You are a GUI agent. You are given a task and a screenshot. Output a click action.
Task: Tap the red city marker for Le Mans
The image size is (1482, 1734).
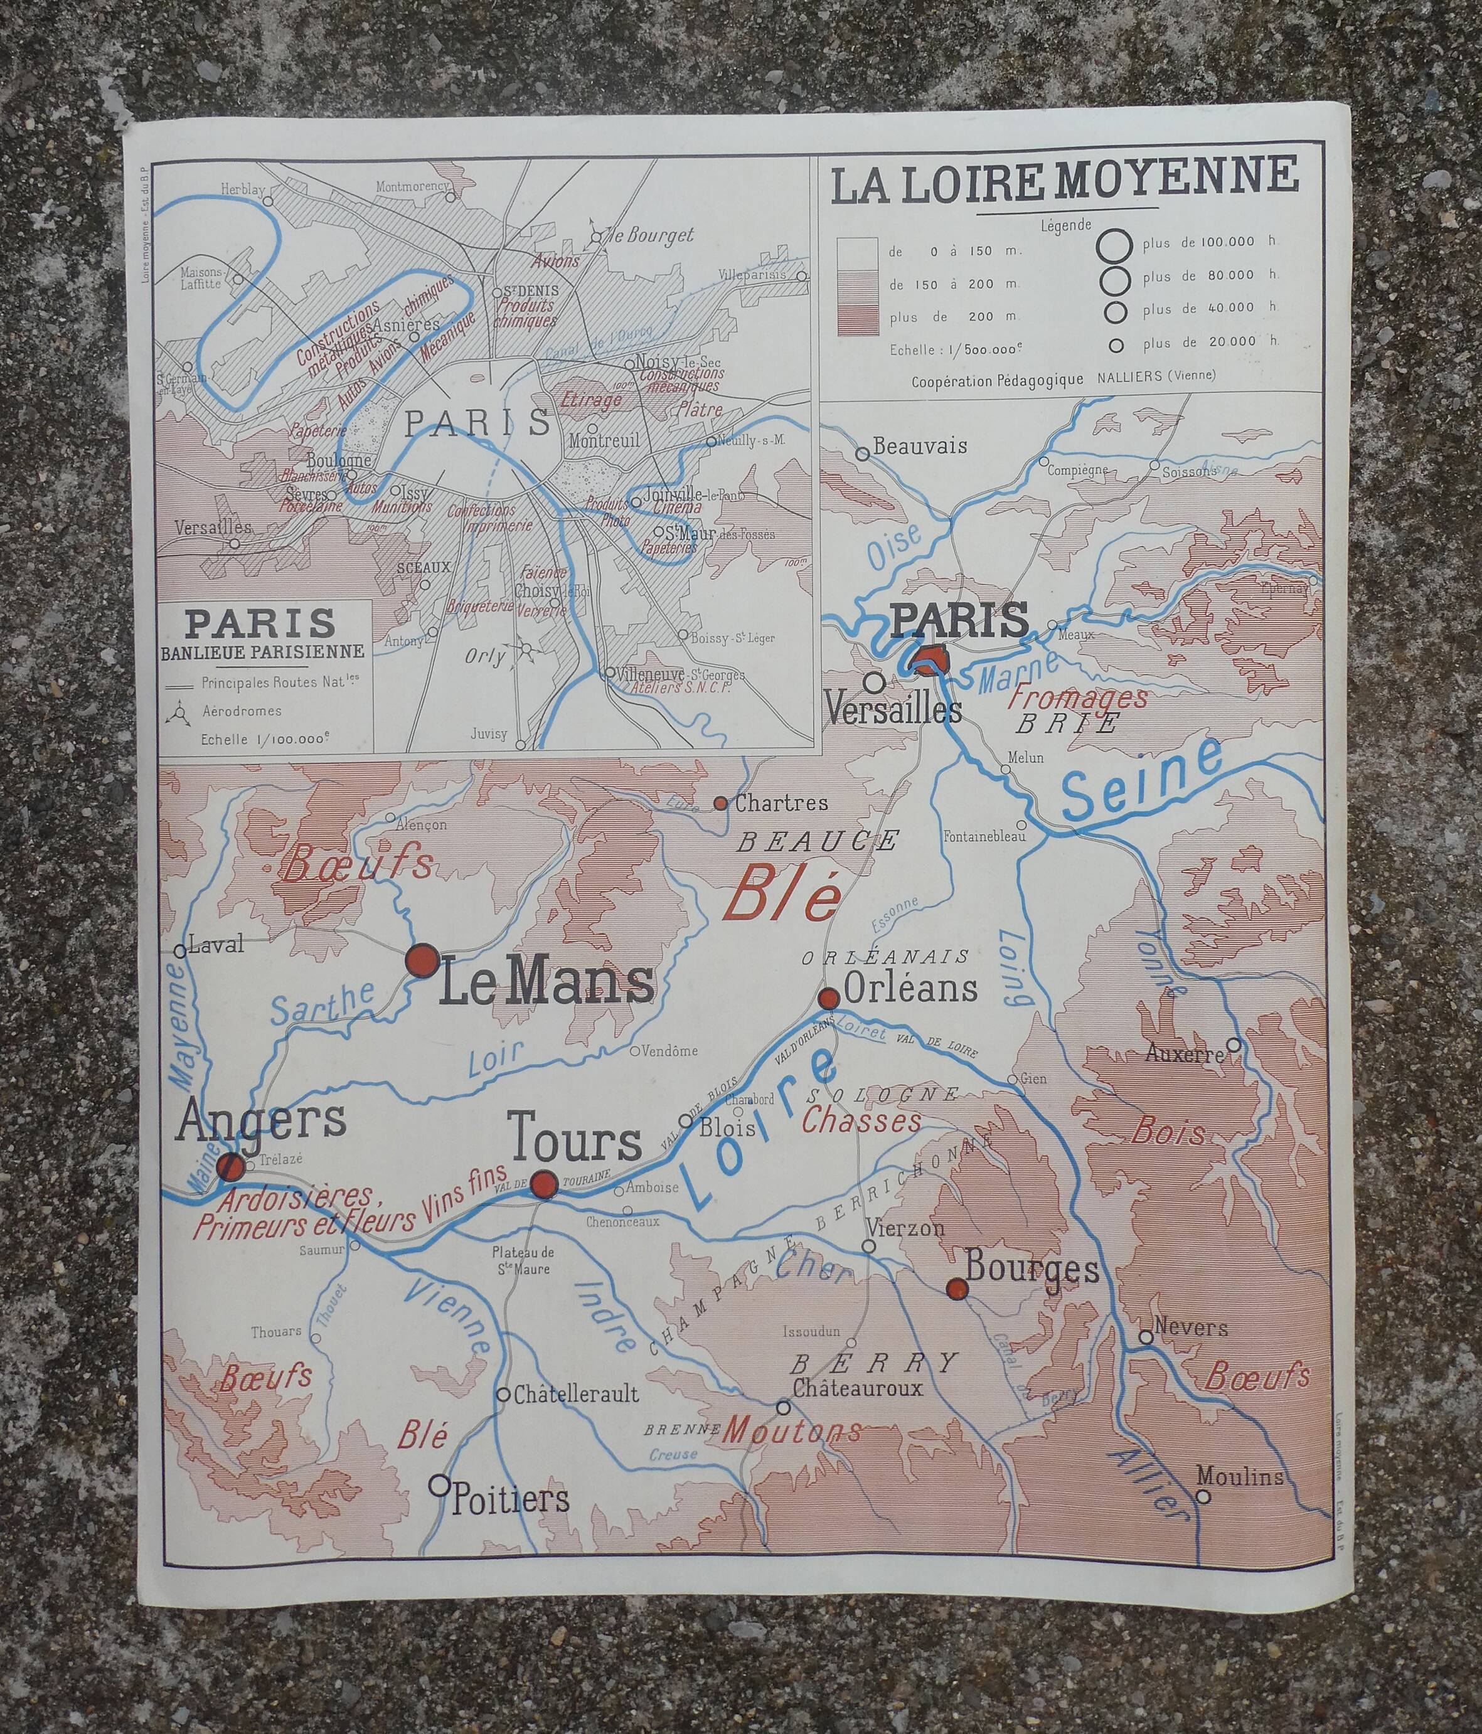click(x=422, y=960)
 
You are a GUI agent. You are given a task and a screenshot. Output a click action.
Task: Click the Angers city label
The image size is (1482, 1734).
click(x=261, y=1118)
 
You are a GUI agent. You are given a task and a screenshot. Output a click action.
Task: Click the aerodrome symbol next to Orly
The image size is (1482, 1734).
click(x=527, y=649)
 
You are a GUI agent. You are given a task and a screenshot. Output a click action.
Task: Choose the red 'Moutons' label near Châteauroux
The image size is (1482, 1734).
click(x=792, y=1430)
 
